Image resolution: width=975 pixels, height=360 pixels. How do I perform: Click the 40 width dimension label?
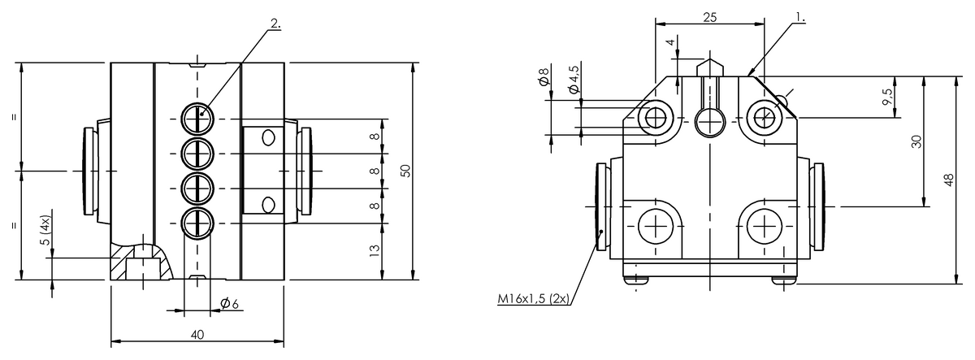click(x=197, y=334)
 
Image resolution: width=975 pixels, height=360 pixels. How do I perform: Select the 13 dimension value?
click(x=375, y=250)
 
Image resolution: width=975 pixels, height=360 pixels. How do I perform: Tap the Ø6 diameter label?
click(x=229, y=303)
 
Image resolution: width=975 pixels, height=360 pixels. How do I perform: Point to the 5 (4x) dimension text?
click(x=45, y=229)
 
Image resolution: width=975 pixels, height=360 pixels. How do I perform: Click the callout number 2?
click(x=275, y=24)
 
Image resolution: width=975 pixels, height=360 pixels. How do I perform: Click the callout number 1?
click(x=800, y=17)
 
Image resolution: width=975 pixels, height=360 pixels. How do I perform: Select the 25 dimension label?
click(x=709, y=17)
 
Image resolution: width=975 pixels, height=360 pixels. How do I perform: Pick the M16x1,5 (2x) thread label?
click(x=534, y=298)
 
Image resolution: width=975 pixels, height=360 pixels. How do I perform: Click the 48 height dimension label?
click(x=949, y=180)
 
